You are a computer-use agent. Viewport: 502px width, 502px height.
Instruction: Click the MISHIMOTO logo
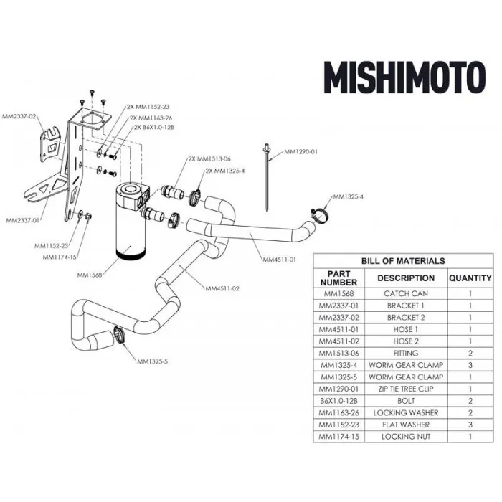404,77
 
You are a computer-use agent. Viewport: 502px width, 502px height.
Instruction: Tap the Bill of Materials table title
403,261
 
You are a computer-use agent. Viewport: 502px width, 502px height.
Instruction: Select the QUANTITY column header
470,278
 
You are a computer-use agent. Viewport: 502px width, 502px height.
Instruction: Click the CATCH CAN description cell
406,293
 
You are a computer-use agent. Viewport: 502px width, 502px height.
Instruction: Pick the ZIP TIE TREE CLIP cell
406,389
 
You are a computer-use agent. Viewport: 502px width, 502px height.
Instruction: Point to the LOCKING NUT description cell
406,436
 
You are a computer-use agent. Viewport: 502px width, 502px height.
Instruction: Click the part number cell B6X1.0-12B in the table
338,401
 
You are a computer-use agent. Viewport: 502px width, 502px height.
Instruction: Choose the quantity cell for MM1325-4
470,365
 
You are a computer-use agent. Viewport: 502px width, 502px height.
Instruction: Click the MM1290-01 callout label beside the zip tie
301,151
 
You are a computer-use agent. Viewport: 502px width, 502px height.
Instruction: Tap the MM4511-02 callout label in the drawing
222,288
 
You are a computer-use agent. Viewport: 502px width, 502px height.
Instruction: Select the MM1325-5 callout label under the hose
152,361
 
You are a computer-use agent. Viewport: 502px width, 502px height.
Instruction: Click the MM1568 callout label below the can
90,275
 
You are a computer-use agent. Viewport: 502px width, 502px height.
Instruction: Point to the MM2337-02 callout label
19,116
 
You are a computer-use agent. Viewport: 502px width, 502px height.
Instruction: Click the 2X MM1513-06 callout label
209,158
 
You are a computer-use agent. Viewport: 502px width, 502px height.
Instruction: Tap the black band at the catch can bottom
131,254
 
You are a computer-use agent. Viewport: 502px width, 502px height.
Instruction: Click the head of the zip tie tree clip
266,148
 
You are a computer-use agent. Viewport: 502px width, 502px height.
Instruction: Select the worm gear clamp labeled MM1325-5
119,335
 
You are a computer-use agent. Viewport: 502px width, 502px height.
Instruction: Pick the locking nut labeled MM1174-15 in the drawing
88,216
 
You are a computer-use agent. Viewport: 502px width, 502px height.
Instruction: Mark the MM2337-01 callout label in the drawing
23,221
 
